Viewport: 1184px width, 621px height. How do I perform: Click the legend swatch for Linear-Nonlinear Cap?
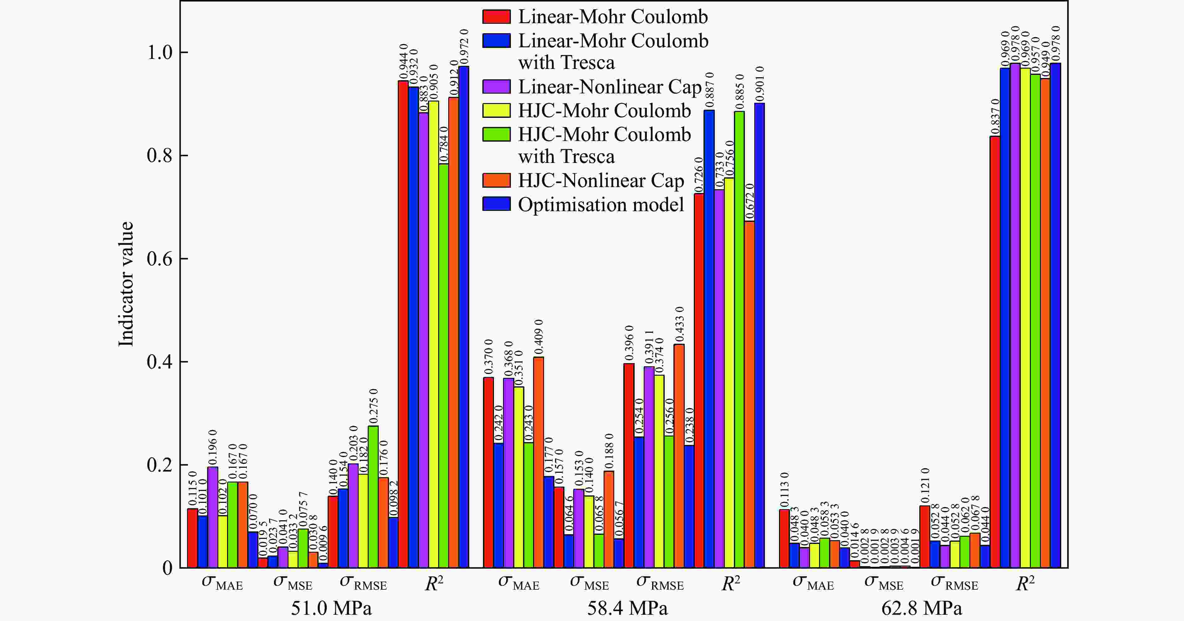(x=496, y=87)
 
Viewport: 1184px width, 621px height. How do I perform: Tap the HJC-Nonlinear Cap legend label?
(x=601, y=181)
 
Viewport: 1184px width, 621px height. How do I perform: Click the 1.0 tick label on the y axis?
(x=159, y=52)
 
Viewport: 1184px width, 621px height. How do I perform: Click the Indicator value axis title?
(x=126, y=284)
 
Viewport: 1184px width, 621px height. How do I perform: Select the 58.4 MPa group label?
(x=627, y=608)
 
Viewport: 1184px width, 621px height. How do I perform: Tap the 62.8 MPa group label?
(x=922, y=608)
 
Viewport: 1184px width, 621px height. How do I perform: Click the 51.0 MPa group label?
(x=331, y=608)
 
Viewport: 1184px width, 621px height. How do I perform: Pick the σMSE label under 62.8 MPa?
(x=883, y=583)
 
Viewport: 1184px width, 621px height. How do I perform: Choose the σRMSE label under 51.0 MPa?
(x=363, y=583)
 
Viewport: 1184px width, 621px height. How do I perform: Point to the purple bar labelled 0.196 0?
(x=213, y=517)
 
